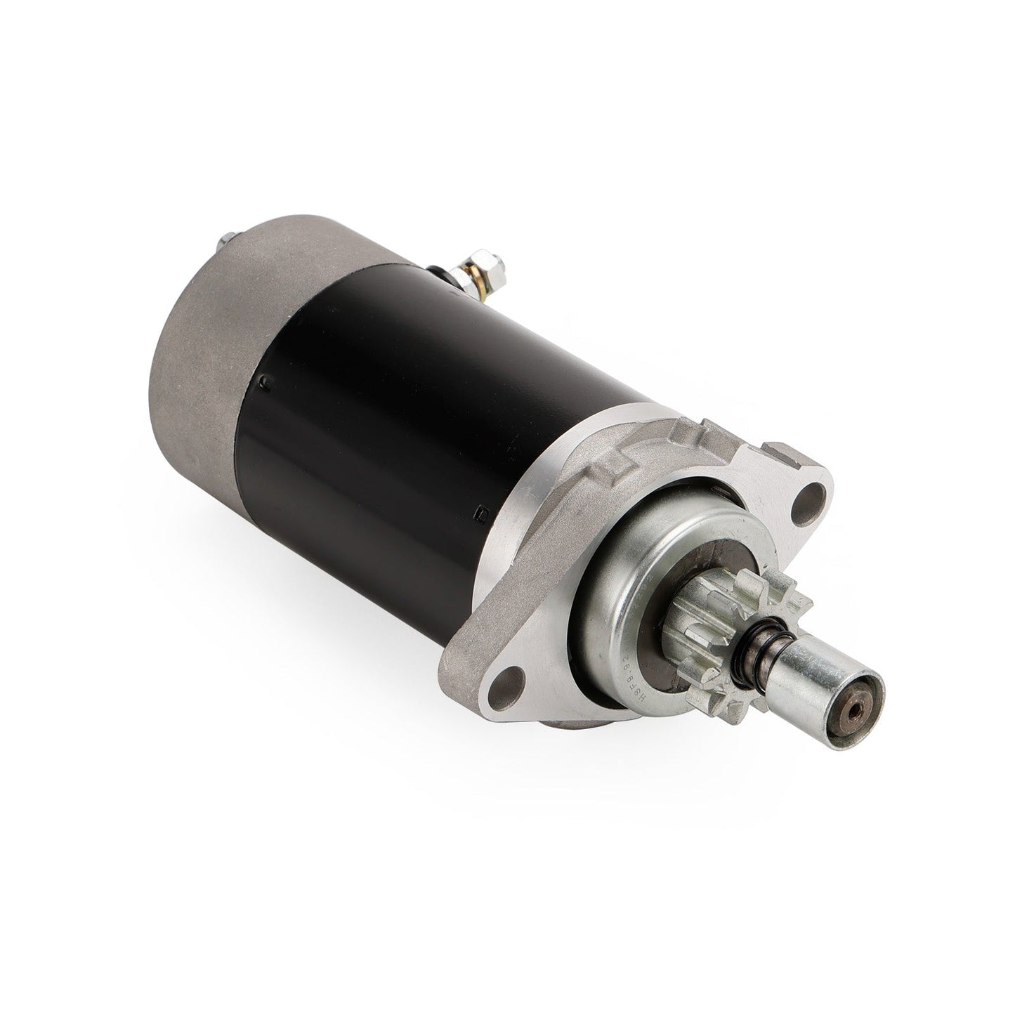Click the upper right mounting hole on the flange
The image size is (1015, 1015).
(x=814, y=495)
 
